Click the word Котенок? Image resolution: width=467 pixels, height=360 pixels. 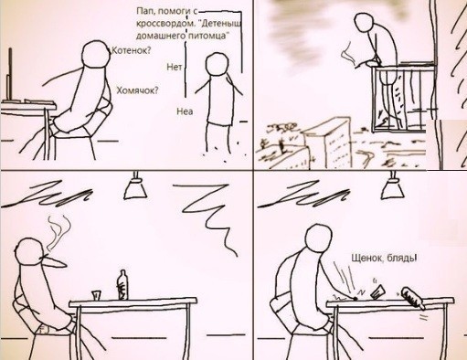pos(132,50)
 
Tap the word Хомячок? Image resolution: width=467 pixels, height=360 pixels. pos(138,90)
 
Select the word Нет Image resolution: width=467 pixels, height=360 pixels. pos(175,67)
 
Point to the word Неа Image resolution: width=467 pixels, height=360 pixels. pos(185,111)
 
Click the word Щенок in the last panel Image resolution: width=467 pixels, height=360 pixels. pos(367,258)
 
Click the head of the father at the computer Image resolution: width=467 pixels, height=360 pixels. pos(96,55)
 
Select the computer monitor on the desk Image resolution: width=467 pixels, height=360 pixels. pos(10,74)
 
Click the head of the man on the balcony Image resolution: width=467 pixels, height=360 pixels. pos(366,22)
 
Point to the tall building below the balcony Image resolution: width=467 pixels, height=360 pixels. pos(327,143)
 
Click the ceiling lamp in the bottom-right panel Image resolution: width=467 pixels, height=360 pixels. pos(393,186)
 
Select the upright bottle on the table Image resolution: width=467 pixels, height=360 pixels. pos(122,285)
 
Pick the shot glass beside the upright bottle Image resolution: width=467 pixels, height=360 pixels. pos(96,295)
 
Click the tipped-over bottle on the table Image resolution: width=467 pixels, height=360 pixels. pos(413,298)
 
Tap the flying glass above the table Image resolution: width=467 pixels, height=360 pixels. pos(377,291)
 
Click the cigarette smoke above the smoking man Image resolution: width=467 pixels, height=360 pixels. pos(59,231)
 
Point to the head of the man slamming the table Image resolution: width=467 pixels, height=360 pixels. pos(319,238)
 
